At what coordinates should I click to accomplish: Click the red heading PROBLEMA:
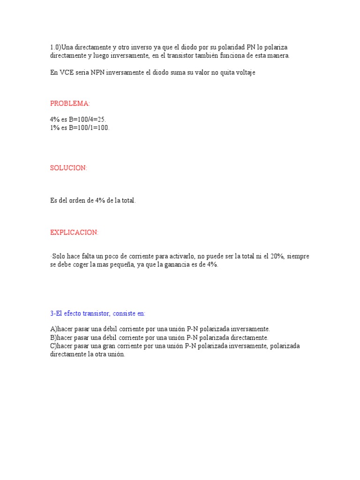tap(70, 104)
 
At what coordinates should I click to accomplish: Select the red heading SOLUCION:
tap(68, 168)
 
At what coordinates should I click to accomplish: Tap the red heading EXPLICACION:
tap(75, 232)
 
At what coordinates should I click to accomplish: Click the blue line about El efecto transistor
tap(98, 313)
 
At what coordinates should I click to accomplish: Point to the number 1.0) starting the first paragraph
tap(55, 48)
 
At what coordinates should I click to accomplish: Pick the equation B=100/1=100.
tap(89, 127)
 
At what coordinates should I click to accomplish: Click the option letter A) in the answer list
tap(53, 329)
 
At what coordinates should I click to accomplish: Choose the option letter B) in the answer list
tap(53, 337)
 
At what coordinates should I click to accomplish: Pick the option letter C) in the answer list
tap(53, 346)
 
